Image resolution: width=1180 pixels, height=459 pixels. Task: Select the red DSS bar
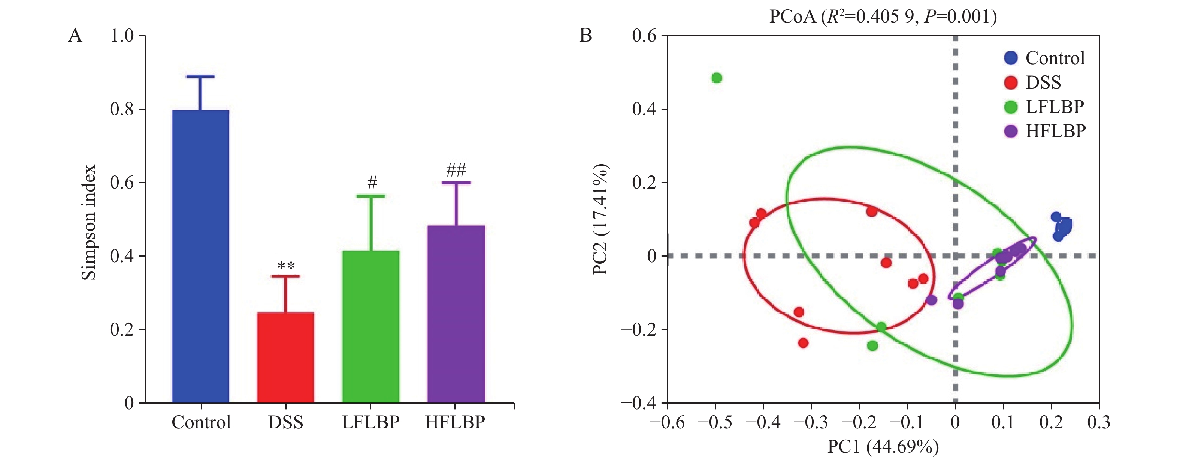pyautogui.click(x=285, y=357)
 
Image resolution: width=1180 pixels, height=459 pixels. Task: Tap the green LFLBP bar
pyautogui.click(x=370, y=327)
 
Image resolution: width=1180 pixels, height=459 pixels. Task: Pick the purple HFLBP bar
pyautogui.click(x=456, y=314)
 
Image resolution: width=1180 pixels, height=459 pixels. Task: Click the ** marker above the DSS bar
pyautogui.click(x=286, y=266)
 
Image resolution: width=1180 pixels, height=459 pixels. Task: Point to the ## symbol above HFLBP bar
pyautogui.click(x=456, y=171)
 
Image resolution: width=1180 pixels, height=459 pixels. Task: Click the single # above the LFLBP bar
pyautogui.click(x=372, y=183)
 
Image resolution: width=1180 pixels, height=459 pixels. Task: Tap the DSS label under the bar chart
pyautogui.click(x=285, y=422)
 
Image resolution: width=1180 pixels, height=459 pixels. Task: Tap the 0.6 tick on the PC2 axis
pyautogui.click(x=644, y=36)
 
